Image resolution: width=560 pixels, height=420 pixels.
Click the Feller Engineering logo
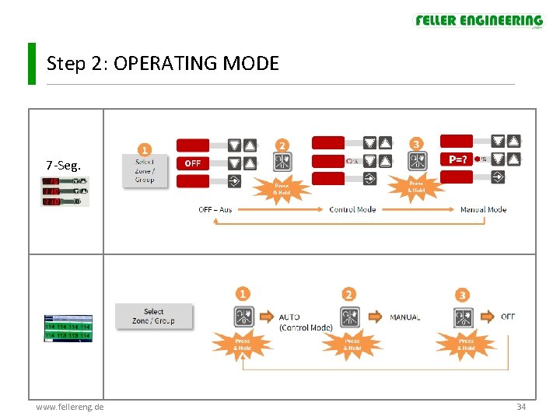click(x=478, y=21)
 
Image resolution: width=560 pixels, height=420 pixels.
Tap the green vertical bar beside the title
click(x=32, y=63)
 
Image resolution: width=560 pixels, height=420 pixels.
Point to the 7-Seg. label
click(x=63, y=165)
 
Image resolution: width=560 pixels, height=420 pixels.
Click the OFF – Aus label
click(x=215, y=209)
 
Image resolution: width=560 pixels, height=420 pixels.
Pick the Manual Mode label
click(x=483, y=209)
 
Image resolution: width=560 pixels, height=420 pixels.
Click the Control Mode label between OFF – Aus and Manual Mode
click(x=352, y=209)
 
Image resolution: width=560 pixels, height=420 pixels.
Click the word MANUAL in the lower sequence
click(x=404, y=317)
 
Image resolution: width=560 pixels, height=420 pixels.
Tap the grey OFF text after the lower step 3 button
click(x=508, y=317)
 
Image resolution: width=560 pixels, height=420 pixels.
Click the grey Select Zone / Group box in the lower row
click(x=153, y=317)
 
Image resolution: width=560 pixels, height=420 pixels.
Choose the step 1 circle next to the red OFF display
click(x=145, y=149)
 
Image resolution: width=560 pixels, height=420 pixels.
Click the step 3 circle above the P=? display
click(x=417, y=144)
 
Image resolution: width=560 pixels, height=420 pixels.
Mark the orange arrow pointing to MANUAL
click(x=376, y=317)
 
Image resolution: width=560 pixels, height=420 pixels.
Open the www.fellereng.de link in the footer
click(x=70, y=407)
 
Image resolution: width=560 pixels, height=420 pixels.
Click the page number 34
click(x=520, y=407)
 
